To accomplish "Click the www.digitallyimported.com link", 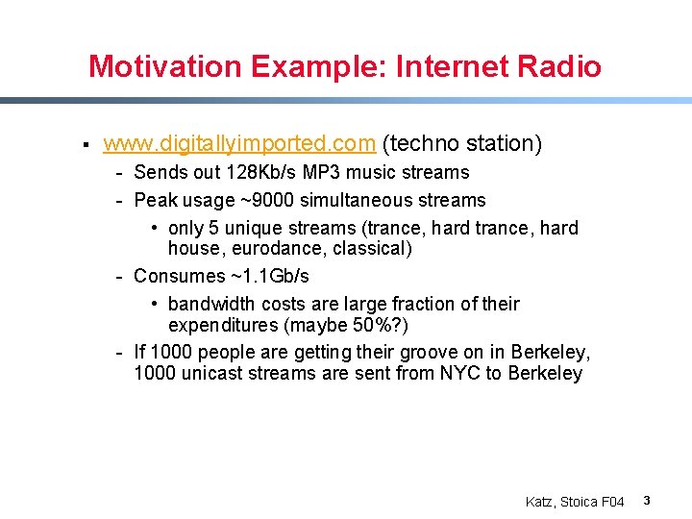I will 238,144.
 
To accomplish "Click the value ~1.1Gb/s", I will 269,276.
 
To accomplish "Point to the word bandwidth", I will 209,305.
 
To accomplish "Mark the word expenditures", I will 223,325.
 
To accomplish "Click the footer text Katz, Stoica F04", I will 575,502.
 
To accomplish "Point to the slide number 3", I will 647,501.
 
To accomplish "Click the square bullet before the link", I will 86,145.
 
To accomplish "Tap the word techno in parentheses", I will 419,144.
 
